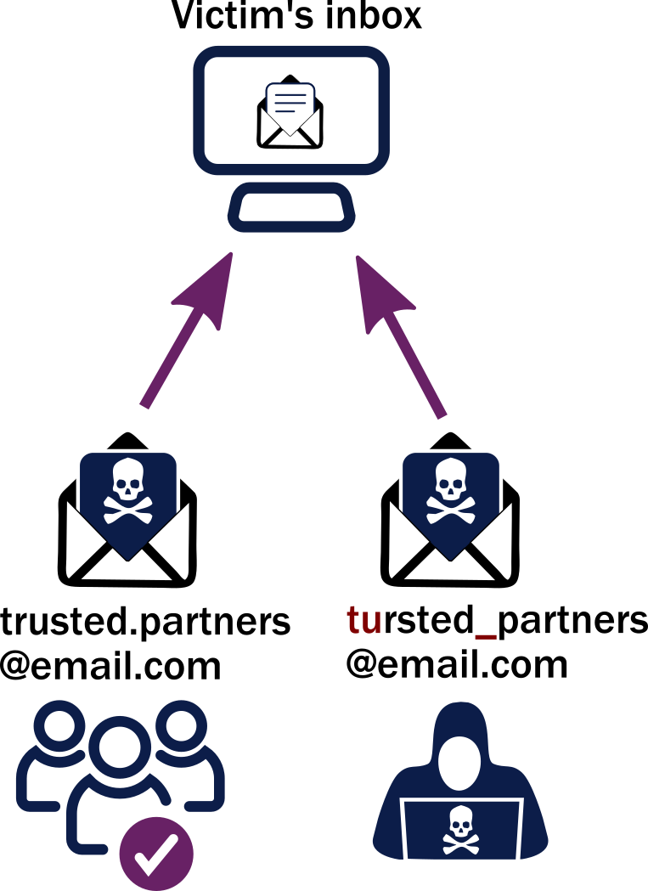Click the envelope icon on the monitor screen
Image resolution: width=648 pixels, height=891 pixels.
tap(290, 116)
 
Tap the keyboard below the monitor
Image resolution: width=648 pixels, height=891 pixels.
tap(291, 207)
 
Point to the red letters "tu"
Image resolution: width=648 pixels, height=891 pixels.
tap(363, 621)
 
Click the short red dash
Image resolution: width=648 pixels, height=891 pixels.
tap(485, 636)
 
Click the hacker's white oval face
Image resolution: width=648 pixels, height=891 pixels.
tap(459, 763)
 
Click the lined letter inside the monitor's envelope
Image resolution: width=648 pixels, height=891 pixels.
tap(290, 101)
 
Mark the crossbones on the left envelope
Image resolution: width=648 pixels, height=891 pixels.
tap(128, 509)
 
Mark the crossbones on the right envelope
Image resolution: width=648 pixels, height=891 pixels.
tap(451, 509)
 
